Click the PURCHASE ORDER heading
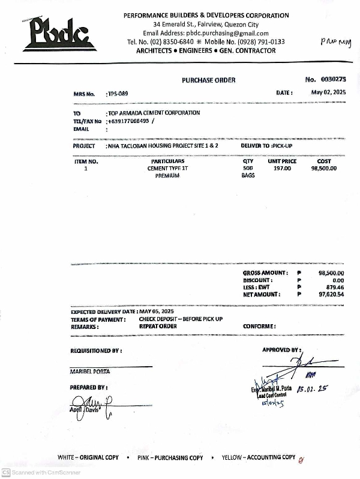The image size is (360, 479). [x=209, y=80]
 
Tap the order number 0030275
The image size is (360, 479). [x=334, y=79]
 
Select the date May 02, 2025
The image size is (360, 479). [x=329, y=92]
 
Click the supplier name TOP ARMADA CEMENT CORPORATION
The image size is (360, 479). [x=154, y=113]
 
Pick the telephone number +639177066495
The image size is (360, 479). [x=129, y=121]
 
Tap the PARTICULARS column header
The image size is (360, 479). [x=167, y=161]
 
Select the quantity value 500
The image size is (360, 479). [x=248, y=169]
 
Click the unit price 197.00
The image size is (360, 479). [x=282, y=169]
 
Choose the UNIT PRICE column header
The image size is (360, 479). [x=282, y=161]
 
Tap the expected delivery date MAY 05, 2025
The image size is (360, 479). [x=157, y=312]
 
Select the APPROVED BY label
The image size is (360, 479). [x=281, y=349]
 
